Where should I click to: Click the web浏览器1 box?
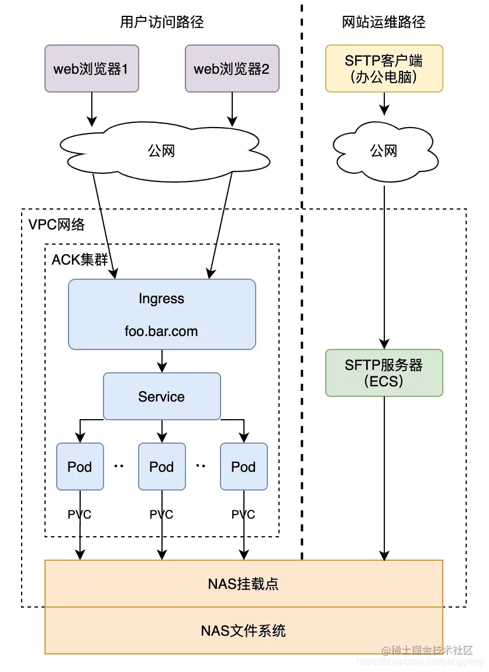(x=91, y=69)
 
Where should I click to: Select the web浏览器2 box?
(x=232, y=69)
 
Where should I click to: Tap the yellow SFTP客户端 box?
(x=384, y=68)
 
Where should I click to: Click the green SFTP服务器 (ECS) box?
(x=384, y=373)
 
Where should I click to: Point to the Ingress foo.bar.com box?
(x=161, y=314)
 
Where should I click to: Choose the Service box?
(x=161, y=396)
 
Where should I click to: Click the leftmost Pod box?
(x=80, y=467)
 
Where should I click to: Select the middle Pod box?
(x=161, y=467)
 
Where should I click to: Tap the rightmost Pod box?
(x=243, y=467)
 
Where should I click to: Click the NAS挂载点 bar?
(x=243, y=584)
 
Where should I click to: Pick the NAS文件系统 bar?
(x=243, y=630)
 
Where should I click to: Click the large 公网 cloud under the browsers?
(x=161, y=151)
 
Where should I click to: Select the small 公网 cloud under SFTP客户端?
(x=384, y=151)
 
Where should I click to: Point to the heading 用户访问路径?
(x=162, y=23)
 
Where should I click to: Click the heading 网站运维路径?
(x=384, y=23)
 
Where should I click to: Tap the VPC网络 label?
(x=56, y=224)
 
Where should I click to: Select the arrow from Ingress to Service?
(x=161, y=361)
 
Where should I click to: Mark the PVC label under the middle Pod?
(x=161, y=515)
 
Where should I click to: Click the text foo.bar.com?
(x=161, y=331)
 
